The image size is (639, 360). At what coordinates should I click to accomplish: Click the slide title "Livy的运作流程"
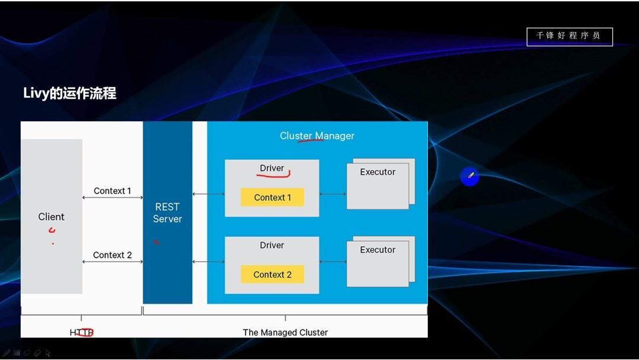(70, 93)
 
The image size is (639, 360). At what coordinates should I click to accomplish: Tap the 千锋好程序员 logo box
(569, 36)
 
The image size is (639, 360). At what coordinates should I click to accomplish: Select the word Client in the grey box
(51, 217)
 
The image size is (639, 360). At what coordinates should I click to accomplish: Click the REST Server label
(167, 213)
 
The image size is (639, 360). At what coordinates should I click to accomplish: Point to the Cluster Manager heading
(317, 136)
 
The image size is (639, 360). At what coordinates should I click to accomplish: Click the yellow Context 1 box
(272, 197)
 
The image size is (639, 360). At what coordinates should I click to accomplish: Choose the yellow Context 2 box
(272, 274)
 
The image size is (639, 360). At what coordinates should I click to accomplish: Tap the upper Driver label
(272, 168)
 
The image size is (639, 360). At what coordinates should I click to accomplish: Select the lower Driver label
(272, 245)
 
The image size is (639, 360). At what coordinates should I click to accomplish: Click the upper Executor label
(377, 172)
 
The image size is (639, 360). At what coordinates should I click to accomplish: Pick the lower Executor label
(377, 250)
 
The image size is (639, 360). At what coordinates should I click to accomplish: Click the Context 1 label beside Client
(112, 191)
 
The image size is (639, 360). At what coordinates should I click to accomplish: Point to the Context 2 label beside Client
(112, 255)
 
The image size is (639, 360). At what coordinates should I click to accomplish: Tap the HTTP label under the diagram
(82, 332)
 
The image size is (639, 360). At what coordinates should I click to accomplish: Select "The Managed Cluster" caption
(285, 332)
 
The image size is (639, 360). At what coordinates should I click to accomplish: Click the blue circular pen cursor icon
(470, 176)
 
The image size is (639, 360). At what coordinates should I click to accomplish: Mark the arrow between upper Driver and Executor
(333, 194)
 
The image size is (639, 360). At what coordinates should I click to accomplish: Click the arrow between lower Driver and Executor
(333, 262)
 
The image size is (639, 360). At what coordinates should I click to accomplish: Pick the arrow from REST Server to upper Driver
(208, 194)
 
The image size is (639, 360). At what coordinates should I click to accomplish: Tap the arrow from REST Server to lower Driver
(208, 262)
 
